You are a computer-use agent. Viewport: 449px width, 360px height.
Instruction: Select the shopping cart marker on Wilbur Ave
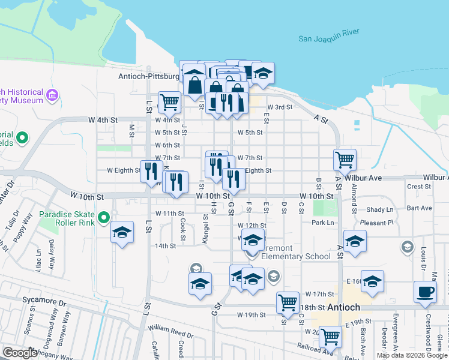point(345,160)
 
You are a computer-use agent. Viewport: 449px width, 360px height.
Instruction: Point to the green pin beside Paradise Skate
point(103,217)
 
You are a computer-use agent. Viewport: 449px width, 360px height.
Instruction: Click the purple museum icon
point(52,95)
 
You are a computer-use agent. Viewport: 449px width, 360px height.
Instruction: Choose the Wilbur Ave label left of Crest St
point(367,178)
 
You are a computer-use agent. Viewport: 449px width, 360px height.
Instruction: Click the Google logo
point(19,353)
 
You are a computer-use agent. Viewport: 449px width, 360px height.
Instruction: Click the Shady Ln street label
point(381,209)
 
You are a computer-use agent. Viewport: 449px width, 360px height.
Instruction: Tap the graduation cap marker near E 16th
point(372,281)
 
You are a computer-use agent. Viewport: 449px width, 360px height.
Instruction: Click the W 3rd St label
point(280,107)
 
